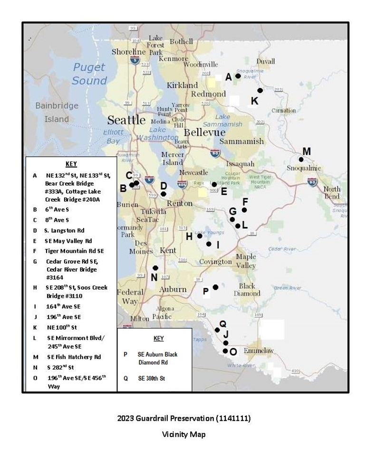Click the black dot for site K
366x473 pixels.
(x=260, y=90)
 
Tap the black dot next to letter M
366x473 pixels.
(x=301, y=159)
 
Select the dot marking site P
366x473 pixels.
(x=215, y=287)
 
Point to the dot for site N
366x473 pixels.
(x=155, y=268)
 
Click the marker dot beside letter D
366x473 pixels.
(x=164, y=194)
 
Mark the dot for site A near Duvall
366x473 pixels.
(x=238, y=76)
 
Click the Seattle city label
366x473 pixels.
(x=126, y=120)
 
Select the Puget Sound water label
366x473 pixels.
(x=89, y=74)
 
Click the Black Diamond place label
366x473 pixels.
(x=247, y=290)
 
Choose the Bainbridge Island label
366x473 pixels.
(x=52, y=112)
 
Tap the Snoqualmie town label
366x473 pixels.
(x=304, y=168)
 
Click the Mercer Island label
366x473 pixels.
(x=173, y=159)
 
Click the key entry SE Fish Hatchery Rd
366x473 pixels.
(x=74, y=357)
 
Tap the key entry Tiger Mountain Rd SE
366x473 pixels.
(x=74, y=251)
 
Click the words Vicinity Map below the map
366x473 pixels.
(x=183, y=434)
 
